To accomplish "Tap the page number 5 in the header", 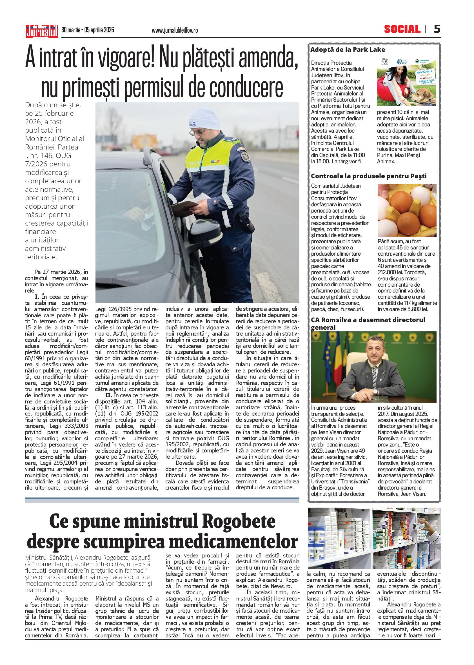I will [x=437, y=30].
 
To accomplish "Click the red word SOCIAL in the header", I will [x=402, y=30].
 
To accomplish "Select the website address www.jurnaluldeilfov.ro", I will [x=175, y=30].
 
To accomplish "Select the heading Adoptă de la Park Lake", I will [x=348, y=50].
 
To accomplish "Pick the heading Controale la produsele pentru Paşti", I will [x=369, y=176].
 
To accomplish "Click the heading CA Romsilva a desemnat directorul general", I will [x=368, y=323].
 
